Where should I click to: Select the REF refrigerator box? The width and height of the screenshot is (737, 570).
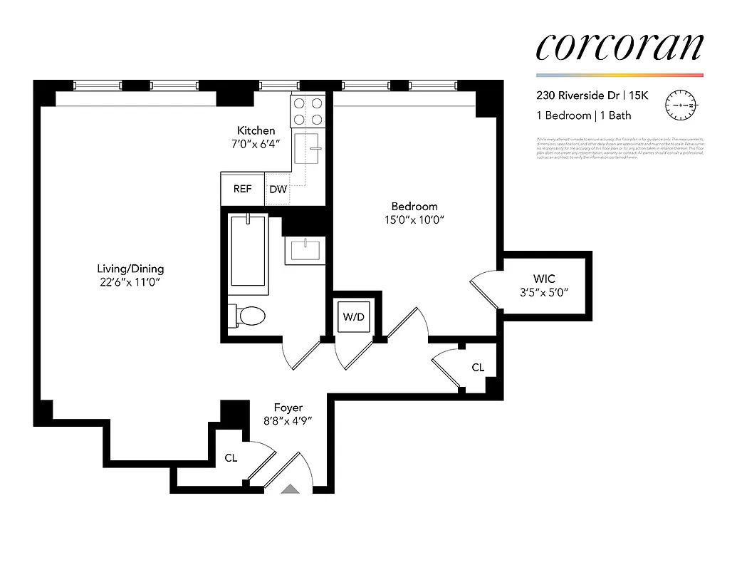click(243, 190)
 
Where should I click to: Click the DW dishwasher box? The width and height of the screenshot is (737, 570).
click(278, 190)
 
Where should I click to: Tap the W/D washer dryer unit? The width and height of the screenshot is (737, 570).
click(354, 316)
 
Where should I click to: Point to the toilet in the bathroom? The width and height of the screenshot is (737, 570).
click(247, 315)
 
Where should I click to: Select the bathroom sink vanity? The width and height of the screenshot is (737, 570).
click(306, 249)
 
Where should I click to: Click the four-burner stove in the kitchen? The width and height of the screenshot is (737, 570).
click(308, 110)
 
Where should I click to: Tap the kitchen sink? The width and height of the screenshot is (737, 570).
click(313, 150)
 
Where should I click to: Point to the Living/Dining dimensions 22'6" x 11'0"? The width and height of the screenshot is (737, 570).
click(130, 282)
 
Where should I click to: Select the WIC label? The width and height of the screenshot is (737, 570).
click(544, 279)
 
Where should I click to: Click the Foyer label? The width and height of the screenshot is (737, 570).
click(288, 408)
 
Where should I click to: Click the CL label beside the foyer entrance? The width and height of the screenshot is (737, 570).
click(231, 458)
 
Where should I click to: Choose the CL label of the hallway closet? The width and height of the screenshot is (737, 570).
click(478, 368)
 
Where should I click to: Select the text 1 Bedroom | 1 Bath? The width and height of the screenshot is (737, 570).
click(583, 115)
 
